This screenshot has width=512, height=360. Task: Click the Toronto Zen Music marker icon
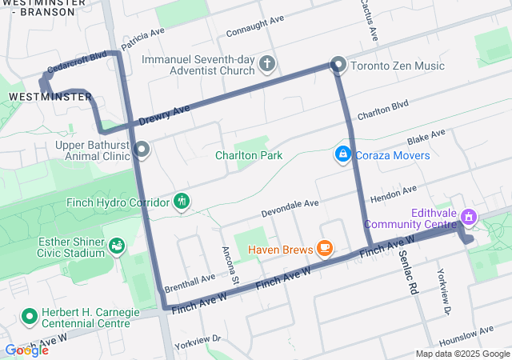click(338, 65)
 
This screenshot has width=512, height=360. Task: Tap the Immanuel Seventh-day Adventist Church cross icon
click(268, 62)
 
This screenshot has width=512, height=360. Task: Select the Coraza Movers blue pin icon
click(342, 154)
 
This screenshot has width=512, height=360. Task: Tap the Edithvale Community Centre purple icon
click(470, 217)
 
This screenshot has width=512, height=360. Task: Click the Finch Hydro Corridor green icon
click(183, 201)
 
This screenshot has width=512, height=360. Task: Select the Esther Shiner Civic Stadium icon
click(117, 244)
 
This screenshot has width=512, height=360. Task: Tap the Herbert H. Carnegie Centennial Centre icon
click(30, 318)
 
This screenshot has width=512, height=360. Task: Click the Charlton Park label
click(248, 155)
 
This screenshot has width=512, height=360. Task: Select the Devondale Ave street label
click(290, 209)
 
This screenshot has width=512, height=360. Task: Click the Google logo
click(26, 350)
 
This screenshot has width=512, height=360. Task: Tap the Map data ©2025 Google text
click(462, 354)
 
